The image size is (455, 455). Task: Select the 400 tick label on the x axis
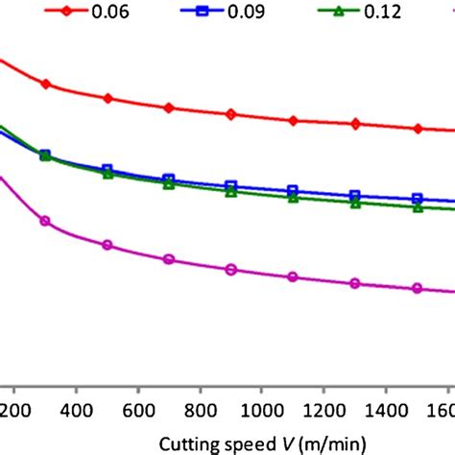coord(76,409)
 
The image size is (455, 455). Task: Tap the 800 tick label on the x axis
coord(201,409)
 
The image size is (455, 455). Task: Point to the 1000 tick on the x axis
coord(262,409)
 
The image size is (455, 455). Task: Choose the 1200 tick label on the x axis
coord(324,409)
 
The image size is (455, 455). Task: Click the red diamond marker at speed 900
coord(231,114)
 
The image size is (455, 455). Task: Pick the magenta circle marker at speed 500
coord(108,245)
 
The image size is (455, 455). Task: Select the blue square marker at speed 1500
coord(418,199)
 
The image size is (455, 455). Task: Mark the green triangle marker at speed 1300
coord(356,203)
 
